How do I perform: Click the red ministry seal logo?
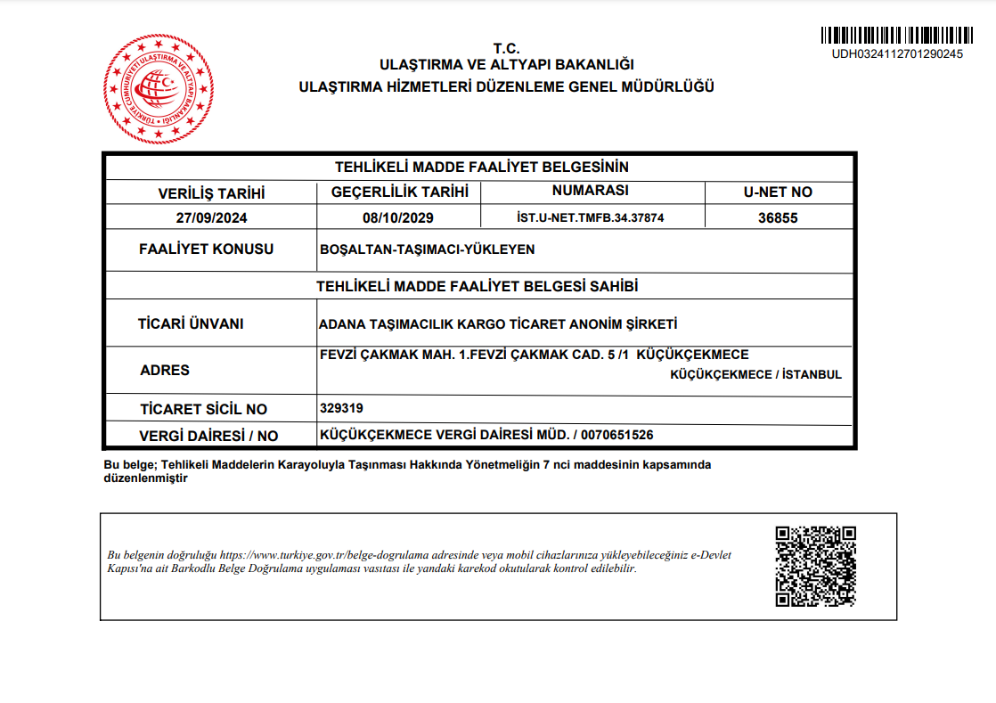tap(159, 88)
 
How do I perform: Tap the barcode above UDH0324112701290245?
tap(897, 37)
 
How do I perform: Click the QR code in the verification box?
tap(815, 567)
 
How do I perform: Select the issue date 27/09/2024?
tap(211, 217)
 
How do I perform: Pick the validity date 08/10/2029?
tap(398, 217)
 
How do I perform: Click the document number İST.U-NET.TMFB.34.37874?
tap(591, 217)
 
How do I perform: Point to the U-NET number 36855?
tap(778, 217)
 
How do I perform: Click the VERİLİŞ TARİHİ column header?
tap(211, 192)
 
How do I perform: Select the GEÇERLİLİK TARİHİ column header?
tap(399, 192)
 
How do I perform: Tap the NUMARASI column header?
tap(591, 191)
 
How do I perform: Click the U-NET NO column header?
tap(778, 192)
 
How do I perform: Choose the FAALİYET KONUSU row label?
tap(207, 249)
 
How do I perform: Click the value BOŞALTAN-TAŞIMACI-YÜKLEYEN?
tap(427, 249)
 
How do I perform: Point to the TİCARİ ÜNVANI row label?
tap(191, 324)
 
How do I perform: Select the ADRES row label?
tap(165, 370)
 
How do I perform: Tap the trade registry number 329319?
tap(341, 408)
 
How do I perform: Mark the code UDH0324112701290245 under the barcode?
tap(897, 53)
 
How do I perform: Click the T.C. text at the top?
tap(506, 49)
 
